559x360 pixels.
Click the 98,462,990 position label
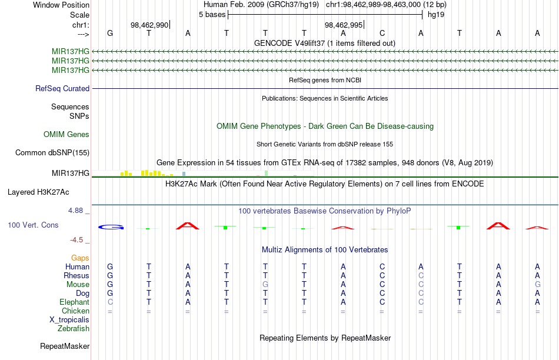pyautogui.click(x=149, y=25)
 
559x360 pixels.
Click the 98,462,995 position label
pyautogui.click(x=344, y=25)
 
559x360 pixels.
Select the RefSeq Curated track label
pyautogui.click(x=62, y=88)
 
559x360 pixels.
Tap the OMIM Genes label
pyautogui.click(x=66, y=134)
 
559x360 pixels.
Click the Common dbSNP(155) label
pyautogui.click(x=52, y=152)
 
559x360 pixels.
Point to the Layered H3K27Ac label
pyautogui.click(x=38, y=192)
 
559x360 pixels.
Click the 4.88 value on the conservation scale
pyautogui.click(x=75, y=211)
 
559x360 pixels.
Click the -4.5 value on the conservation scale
pyautogui.click(x=76, y=240)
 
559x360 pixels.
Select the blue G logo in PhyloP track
pyautogui.click(x=111, y=226)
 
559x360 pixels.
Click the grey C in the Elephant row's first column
pyautogui.click(x=110, y=302)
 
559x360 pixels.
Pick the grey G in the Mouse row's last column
pyautogui.click(x=538, y=285)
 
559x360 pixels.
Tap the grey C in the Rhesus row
pyautogui.click(x=421, y=275)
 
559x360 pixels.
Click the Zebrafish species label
pyautogui.click(x=74, y=329)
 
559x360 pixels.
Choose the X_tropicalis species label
pyautogui.click(x=69, y=320)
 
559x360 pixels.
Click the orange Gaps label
pyautogui.click(x=80, y=258)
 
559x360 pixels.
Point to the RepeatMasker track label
pyautogui.click(x=65, y=346)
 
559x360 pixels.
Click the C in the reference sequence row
pyautogui.click(x=382, y=33)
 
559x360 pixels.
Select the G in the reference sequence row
pyautogui.click(x=110, y=33)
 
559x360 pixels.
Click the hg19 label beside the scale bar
pyautogui.click(x=436, y=15)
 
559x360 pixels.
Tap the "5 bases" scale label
pyautogui.click(x=212, y=15)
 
